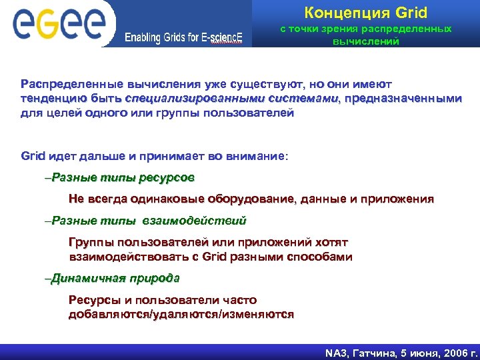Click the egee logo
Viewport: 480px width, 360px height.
[x=59, y=23]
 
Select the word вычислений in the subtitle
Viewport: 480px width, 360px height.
[x=365, y=41]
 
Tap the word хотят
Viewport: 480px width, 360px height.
[x=329, y=243]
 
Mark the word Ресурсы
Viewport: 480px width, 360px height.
[x=95, y=300]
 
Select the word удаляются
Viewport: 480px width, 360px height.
[x=186, y=314]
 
